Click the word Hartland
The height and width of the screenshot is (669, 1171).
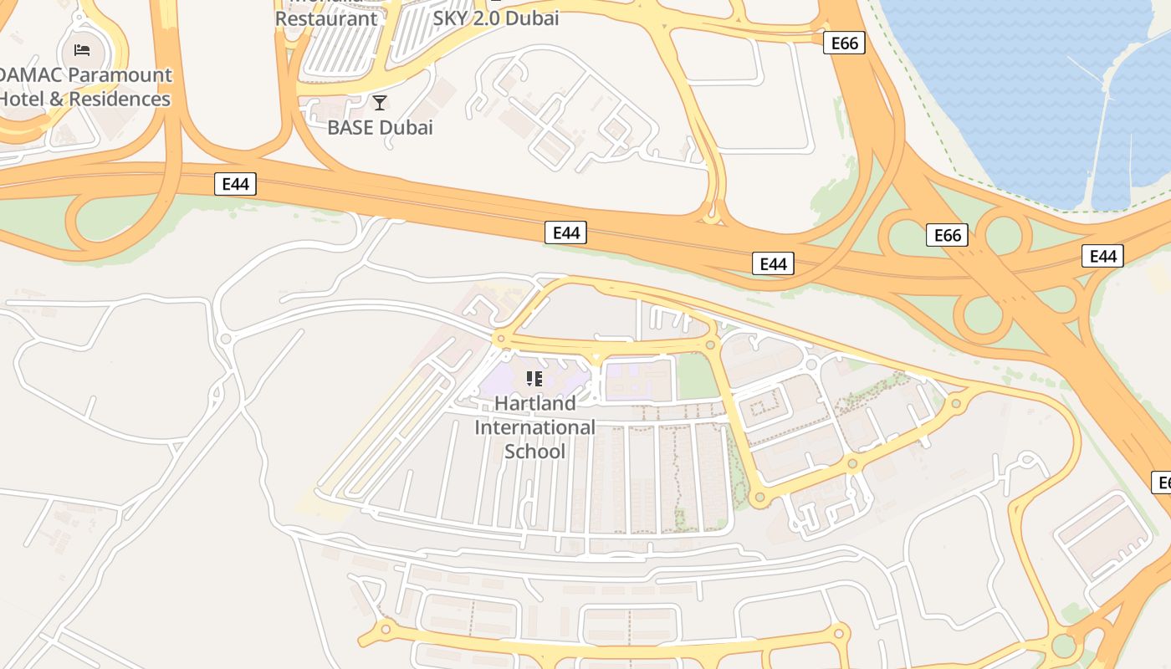(534, 403)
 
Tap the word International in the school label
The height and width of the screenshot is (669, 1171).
(534, 427)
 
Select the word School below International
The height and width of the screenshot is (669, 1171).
(534, 452)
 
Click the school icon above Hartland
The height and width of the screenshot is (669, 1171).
(534, 379)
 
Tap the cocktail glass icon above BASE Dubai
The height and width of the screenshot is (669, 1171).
(380, 103)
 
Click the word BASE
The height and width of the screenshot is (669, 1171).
(351, 128)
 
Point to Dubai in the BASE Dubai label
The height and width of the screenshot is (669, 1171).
(406, 128)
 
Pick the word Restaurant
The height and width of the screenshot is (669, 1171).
(326, 18)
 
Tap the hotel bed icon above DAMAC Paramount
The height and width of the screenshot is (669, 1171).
(82, 49)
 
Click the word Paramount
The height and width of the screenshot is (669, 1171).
(120, 75)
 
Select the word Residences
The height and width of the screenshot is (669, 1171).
(120, 99)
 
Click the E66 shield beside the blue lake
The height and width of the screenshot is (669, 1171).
(844, 43)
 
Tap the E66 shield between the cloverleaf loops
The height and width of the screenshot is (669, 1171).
(947, 236)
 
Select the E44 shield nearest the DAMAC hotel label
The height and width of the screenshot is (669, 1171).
(236, 184)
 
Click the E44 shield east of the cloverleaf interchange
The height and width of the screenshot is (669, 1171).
(1102, 257)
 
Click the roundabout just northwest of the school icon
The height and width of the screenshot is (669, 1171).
(501, 339)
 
